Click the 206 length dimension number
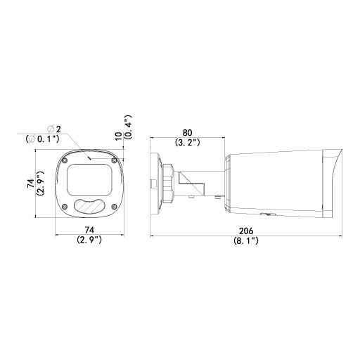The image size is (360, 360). (x=246, y=231)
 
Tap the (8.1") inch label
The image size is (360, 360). (x=246, y=240)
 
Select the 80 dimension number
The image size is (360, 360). (x=187, y=133)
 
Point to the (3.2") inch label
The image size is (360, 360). (x=187, y=142)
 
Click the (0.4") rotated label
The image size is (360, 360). (x=128, y=127)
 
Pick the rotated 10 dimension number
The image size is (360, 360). (x=119, y=136)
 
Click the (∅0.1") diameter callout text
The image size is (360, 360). (x=42, y=139)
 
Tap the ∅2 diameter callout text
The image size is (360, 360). (x=54, y=129)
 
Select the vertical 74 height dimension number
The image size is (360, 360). (x=31, y=183)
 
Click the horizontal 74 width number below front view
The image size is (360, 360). (x=89, y=230)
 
